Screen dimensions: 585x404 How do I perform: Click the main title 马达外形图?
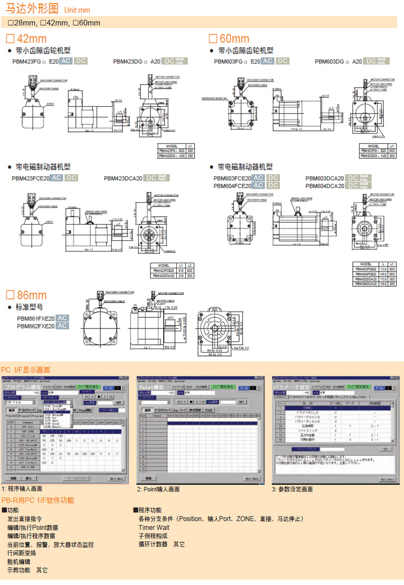pyautogui.click(x=31, y=9)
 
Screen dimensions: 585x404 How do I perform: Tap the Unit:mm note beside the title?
pyautogui.click(x=77, y=10)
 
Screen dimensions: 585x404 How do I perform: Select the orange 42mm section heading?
pyautogui.click(x=27, y=39)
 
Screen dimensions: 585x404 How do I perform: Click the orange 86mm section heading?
pyautogui.click(x=27, y=295)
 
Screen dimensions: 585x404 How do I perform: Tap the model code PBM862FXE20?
pyautogui.click(x=35, y=326)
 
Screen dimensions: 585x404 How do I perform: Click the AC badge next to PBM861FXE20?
pyautogui.click(x=62, y=318)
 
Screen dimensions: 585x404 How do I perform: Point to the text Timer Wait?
pyautogui.click(x=154, y=528)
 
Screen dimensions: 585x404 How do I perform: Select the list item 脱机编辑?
pyautogui.click(x=19, y=561)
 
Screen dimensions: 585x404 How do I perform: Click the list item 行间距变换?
pyautogui.click(x=21, y=553)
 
